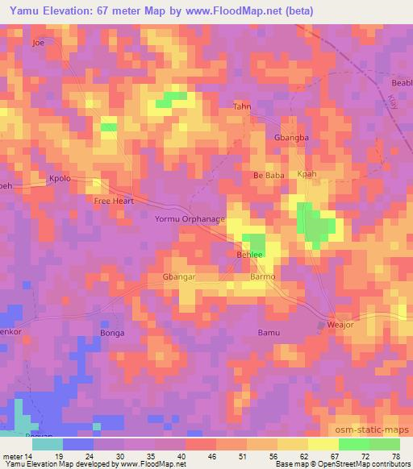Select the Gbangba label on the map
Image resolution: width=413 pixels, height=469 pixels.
(x=291, y=138)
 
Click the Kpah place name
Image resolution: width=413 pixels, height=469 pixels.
(x=307, y=174)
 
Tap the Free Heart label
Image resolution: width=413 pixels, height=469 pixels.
(x=114, y=201)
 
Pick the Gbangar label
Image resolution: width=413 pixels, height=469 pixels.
(x=168, y=276)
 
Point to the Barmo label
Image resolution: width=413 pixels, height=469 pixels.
(x=263, y=276)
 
